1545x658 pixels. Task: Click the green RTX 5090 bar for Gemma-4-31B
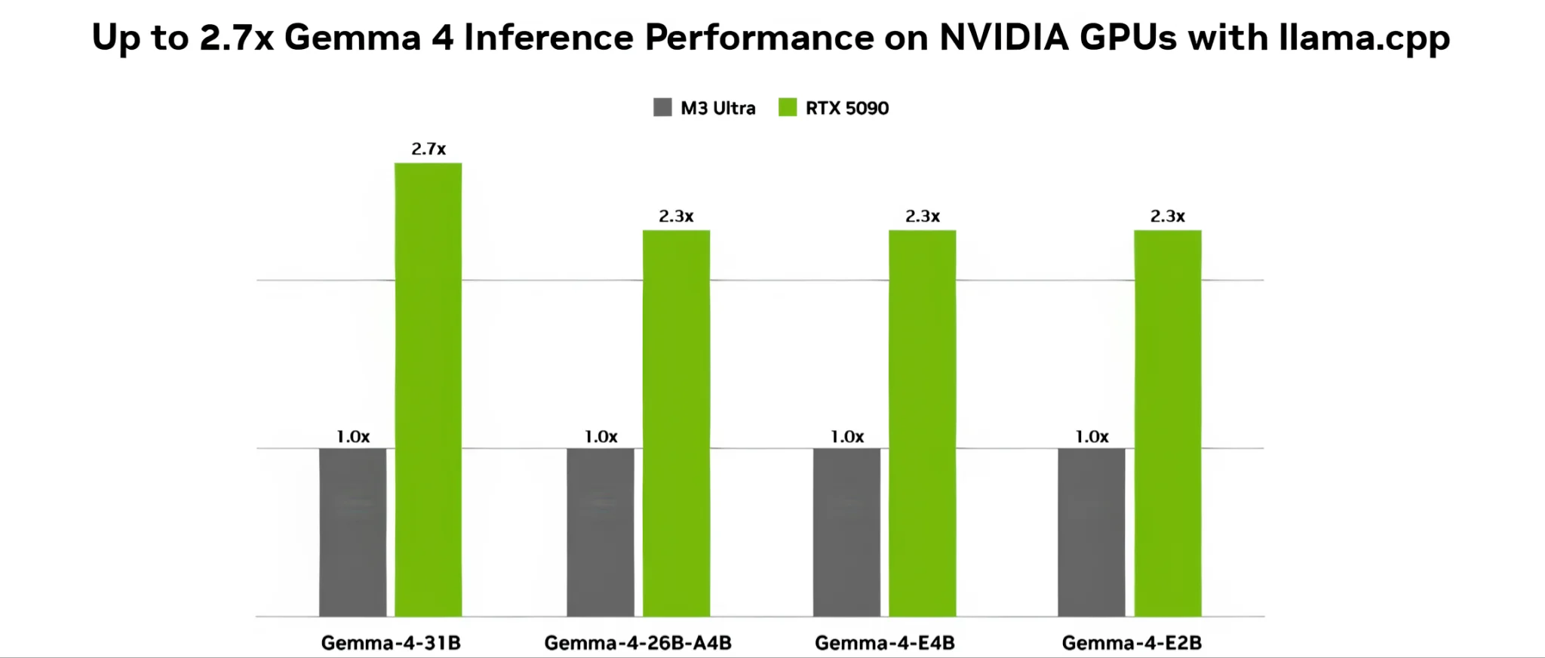click(428, 389)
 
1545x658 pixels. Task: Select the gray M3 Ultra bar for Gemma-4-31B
click(352, 532)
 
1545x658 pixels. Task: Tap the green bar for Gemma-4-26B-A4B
click(676, 423)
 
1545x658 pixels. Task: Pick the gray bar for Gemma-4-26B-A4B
click(600, 532)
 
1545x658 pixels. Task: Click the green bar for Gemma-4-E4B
click(922, 423)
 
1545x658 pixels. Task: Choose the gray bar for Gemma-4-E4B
click(846, 532)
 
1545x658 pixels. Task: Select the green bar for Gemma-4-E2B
click(1167, 423)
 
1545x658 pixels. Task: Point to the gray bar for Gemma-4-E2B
click(1091, 532)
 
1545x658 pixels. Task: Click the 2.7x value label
click(428, 149)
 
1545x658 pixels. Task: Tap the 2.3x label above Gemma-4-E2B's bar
click(1167, 216)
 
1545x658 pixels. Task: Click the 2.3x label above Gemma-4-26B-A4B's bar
click(676, 216)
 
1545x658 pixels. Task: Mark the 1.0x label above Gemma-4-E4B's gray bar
click(847, 436)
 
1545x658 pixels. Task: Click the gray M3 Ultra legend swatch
click(662, 107)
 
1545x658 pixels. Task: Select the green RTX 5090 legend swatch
click(788, 107)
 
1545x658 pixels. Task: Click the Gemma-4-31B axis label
click(391, 643)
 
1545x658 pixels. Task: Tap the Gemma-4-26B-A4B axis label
click(637, 643)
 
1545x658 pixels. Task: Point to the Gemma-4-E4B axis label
click(884, 643)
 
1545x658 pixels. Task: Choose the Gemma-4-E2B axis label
click(1132, 643)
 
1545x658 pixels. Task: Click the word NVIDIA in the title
click(1003, 37)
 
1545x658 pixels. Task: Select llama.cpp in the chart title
click(1364, 37)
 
